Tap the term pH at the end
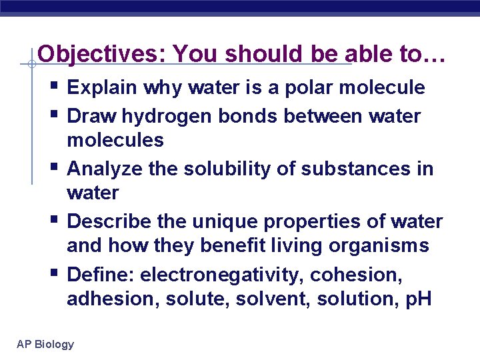pyautogui.click(x=418, y=299)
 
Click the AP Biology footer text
pyautogui.click(x=45, y=344)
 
